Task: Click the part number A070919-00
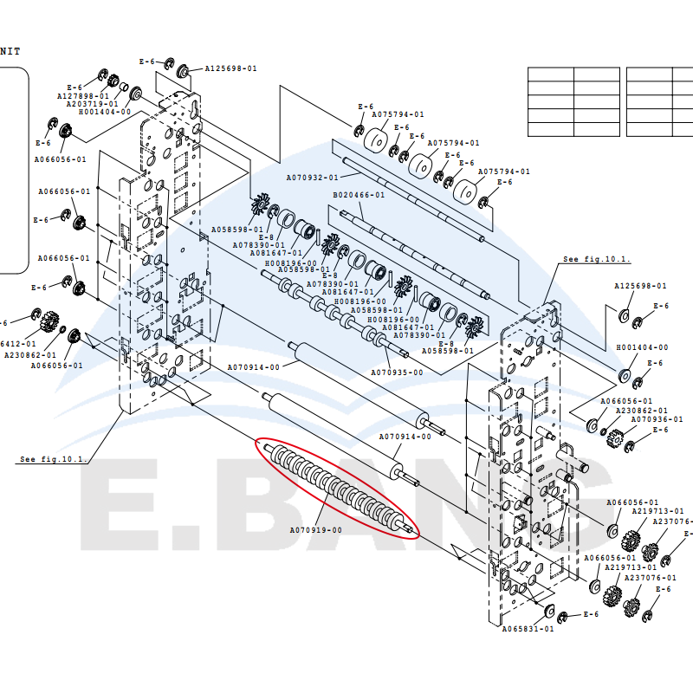coord(314,529)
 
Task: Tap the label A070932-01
coord(312,177)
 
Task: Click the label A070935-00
coord(398,372)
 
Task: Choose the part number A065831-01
coord(528,629)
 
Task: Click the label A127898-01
coord(83,96)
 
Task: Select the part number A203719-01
coord(93,104)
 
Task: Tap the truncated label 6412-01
coord(17,343)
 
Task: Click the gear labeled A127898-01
coord(100,74)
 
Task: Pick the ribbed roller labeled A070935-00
coord(338,311)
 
